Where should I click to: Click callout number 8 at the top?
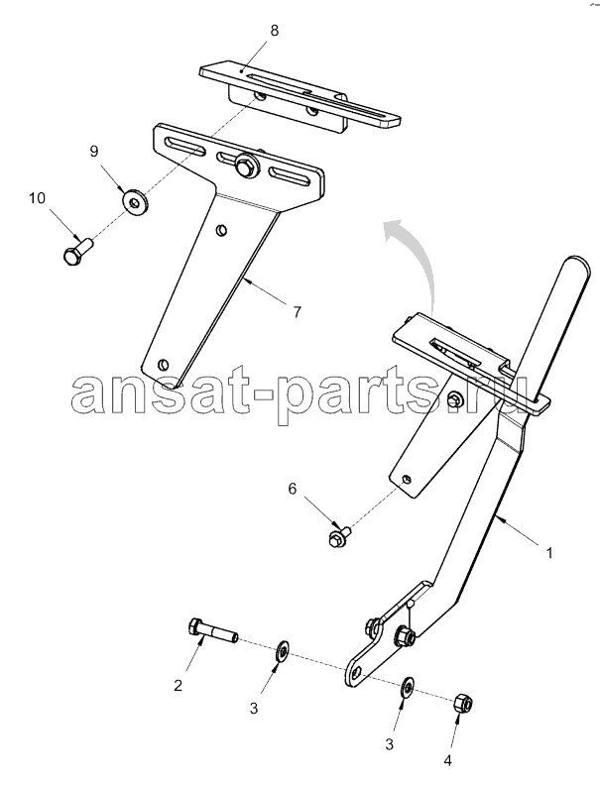coord(274,31)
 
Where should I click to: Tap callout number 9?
coord(94,152)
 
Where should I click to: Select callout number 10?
coord(37,198)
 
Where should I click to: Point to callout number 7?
coord(297,313)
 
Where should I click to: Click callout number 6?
coord(293,489)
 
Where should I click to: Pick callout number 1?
coord(549,553)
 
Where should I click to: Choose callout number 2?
coord(179,685)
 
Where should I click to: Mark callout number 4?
coord(448,760)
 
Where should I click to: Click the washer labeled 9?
coord(134,201)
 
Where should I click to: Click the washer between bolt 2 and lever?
coord(283,650)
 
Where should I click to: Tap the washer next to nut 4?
coord(408,686)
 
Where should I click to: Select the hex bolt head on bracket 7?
coord(246,166)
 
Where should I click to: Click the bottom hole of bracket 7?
coord(163,364)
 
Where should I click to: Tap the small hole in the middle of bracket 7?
coord(221,230)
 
